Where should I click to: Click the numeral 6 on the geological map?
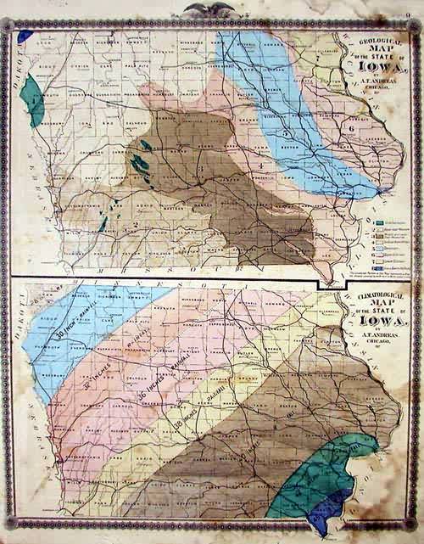click(350, 129)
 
